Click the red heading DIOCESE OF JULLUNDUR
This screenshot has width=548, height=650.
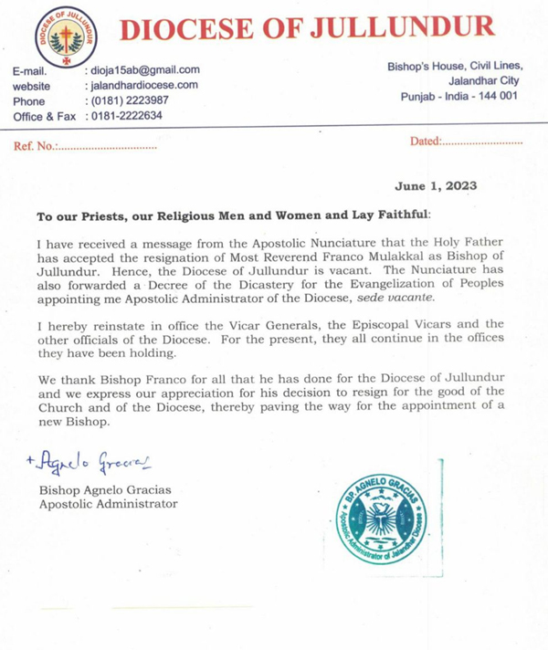(x=307, y=28)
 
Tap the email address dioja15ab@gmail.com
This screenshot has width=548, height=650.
(x=142, y=69)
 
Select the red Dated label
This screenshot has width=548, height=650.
(x=425, y=142)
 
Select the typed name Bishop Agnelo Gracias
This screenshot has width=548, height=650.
(x=104, y=489)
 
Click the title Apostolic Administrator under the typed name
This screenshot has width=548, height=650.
(x=108, y=503)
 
